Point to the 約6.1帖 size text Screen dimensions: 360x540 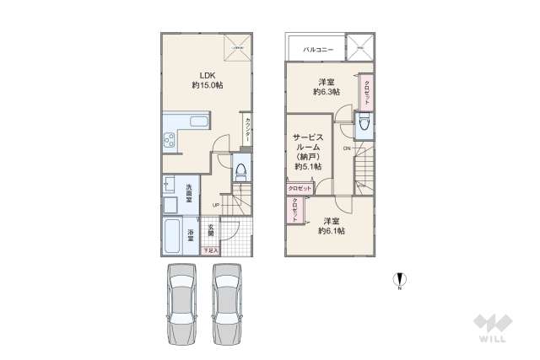tap(330, 230)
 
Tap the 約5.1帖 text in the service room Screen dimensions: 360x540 tap(306, 167)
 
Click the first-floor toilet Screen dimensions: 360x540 tap(240, 171)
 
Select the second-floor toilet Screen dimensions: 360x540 tap(363, 126)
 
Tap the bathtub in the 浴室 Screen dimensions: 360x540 tap(171, 236)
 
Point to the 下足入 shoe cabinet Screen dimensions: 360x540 tap(210, 250)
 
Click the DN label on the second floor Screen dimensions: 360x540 tap(346, 148)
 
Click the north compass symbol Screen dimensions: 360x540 tap(400, 281)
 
